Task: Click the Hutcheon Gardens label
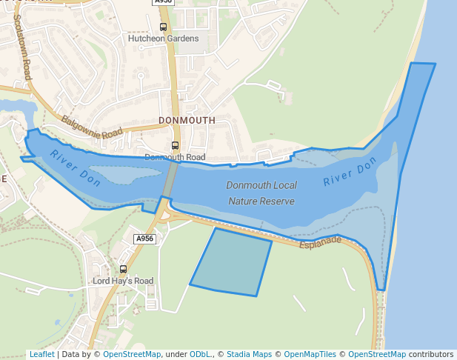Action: (163, 39)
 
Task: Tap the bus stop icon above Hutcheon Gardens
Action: (163, 27)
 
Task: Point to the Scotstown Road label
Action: (22, 47)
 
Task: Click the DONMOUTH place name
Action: (187, 120)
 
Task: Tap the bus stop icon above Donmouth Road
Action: (176, 145)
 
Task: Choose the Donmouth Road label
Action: (175, 157)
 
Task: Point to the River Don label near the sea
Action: (350, 176)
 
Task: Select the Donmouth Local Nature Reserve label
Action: (261, 193)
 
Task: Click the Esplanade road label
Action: (321, 242)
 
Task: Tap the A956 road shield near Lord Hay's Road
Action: (144, 239)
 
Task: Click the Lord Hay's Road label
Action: (123, 281)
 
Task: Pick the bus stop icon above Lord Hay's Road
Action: (123, 269)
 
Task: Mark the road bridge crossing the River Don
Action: (170, 179)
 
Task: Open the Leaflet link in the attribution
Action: (41, 355)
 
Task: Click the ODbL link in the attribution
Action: (199, 355)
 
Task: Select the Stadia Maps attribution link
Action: (249, 355)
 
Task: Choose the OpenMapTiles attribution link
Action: (311, 355)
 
